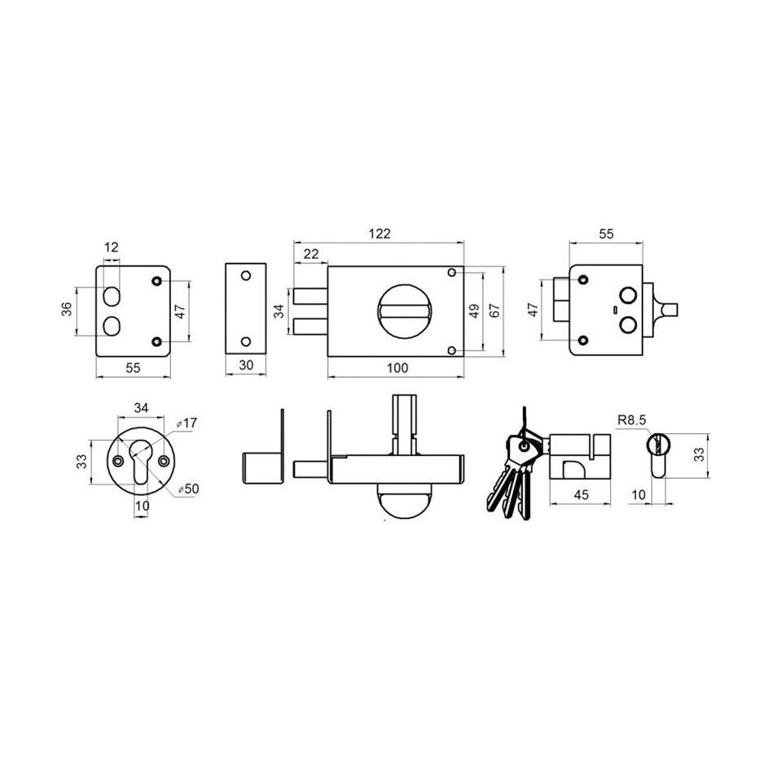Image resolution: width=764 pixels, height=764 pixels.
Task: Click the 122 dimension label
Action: click(x=379, y=234)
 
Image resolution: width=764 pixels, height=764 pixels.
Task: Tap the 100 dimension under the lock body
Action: click(x=397, y=368)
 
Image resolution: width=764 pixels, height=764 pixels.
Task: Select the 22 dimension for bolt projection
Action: click(x=311, y=254)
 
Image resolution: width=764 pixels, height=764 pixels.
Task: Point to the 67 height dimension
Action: click(x=494, y=310)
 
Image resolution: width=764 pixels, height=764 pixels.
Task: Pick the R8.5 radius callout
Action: click(x=631, y=419)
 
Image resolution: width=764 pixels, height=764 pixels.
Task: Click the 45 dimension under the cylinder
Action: click(x=581, y=495)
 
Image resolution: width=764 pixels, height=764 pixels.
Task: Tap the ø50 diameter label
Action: click(x=188, y=489)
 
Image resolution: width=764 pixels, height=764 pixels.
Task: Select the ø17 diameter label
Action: click(x=187, y=423)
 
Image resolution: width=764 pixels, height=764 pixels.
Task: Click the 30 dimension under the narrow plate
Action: click(x=246, y=365)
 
